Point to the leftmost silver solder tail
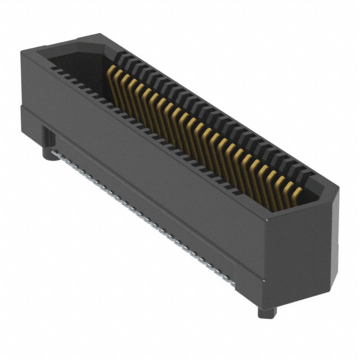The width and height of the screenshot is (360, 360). tap(54, 152)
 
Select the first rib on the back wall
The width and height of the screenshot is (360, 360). tap(120, 57)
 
